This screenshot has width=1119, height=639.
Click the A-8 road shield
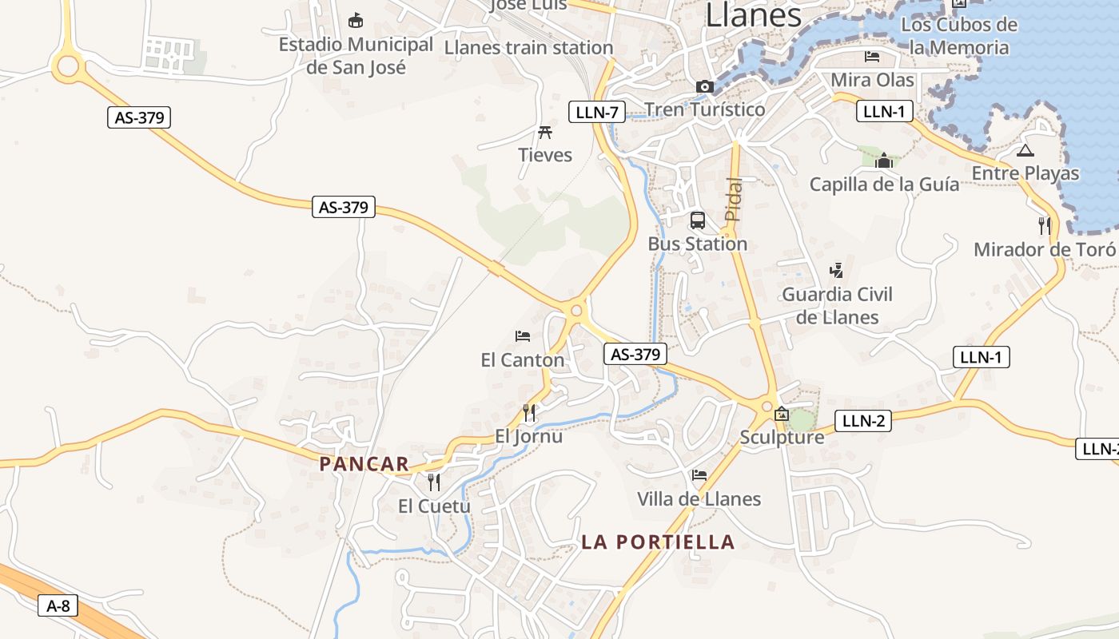58,606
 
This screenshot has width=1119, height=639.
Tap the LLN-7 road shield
596,113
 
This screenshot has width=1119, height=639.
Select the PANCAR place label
364,464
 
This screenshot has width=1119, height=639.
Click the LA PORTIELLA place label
658,542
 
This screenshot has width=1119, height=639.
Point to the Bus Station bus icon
698,220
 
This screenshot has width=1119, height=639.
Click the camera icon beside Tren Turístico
704,86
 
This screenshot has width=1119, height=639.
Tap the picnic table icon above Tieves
546,132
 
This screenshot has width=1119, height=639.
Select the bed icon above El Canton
523,336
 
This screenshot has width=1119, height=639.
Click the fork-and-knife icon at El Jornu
528,413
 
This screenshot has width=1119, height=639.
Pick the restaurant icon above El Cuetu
433,482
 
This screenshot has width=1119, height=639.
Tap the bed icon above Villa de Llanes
699,475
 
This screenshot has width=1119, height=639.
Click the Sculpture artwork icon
782,414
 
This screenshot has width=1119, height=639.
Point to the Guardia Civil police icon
836,271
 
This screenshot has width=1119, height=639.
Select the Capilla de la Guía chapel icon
883,161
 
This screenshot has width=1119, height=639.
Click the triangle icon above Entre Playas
1025,150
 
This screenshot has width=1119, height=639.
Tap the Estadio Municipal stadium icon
356,20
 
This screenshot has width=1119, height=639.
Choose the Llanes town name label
753,15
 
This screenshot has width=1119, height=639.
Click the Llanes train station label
528,48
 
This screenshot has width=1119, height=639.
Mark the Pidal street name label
733,198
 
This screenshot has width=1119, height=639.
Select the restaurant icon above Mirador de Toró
1044,226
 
